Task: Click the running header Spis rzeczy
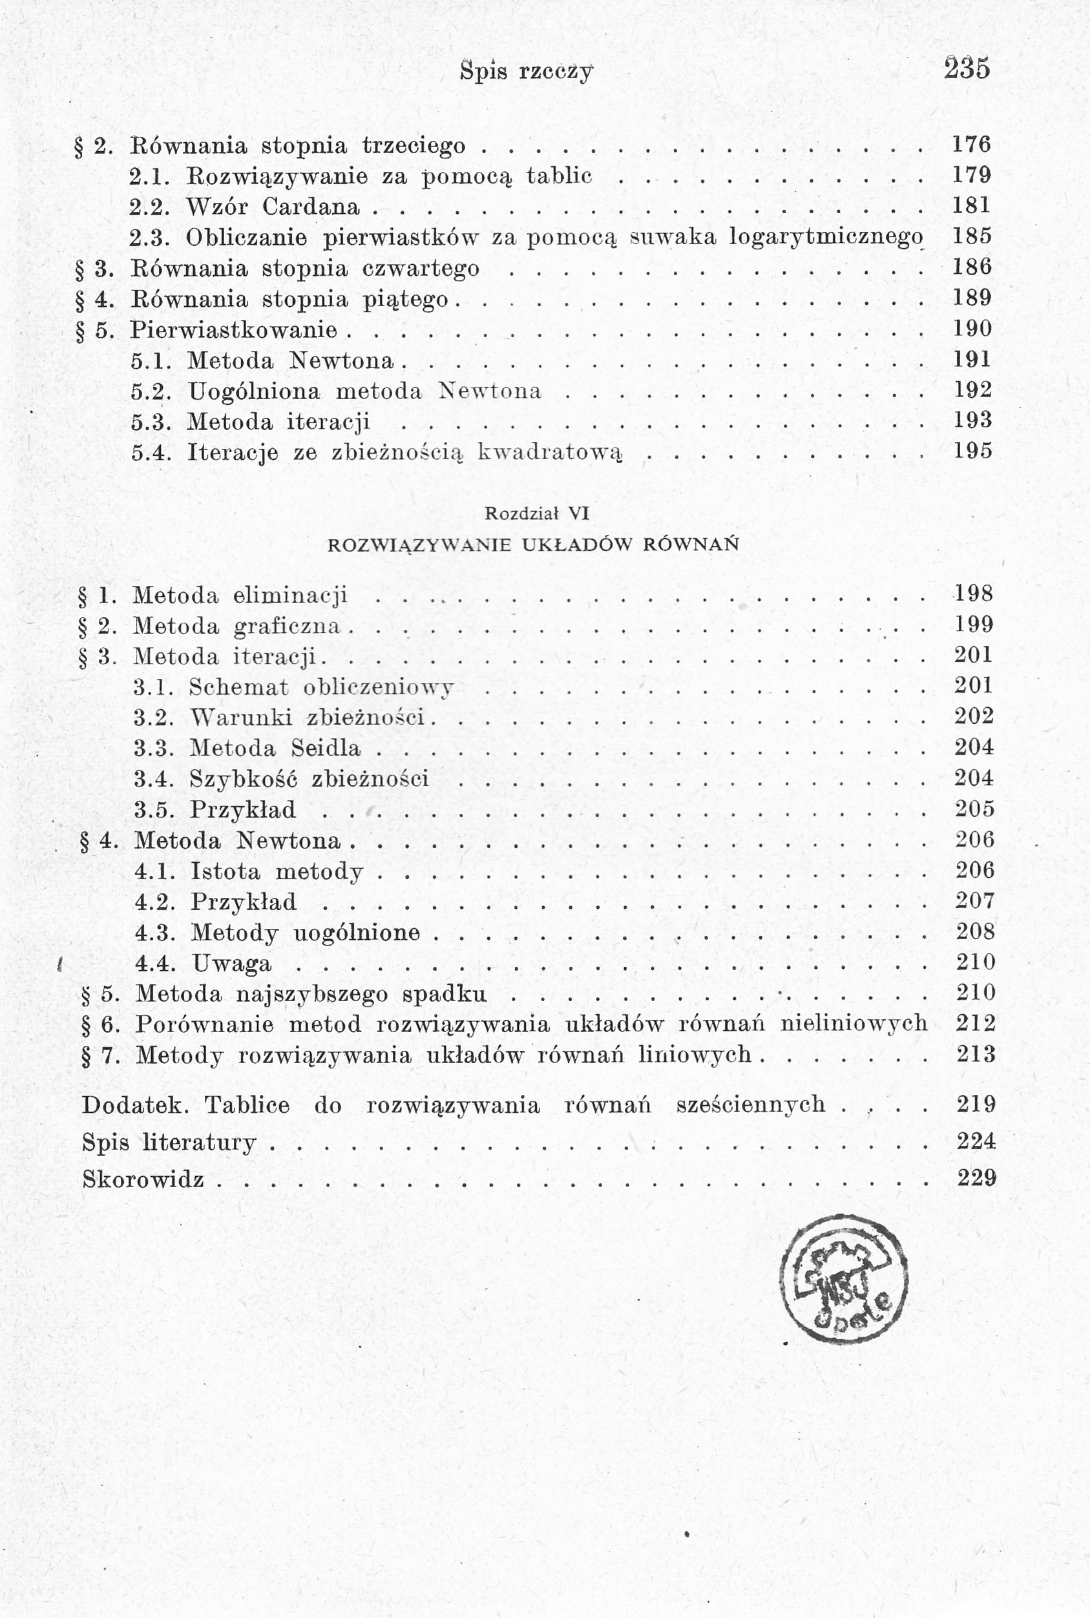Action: (526, 71)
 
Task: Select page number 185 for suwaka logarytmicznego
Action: (972, 236)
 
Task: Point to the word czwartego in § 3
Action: (421, 269)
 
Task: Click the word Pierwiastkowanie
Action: (233, 329)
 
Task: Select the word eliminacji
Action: (290, 596)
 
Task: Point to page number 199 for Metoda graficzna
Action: (974, 625)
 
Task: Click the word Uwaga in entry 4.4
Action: (231, 964)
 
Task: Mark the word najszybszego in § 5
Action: (312, 995)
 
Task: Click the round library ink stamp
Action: (843, 1278)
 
